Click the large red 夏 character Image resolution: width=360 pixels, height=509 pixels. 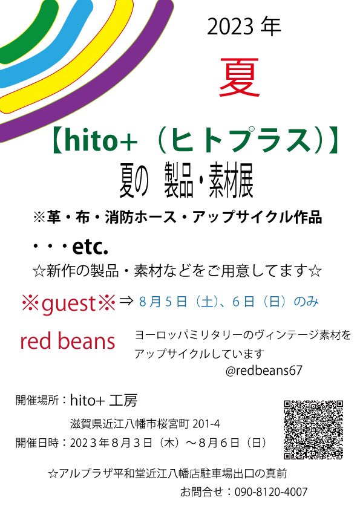pyautogui.click(x=240, y=78)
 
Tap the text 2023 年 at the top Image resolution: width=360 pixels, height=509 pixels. pyautogui.click(x=243, y=27)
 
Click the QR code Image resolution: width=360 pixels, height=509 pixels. pyautogui.click(x=313, y=429)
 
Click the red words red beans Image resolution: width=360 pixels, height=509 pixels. pyautogui.click(x=67, y=342)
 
